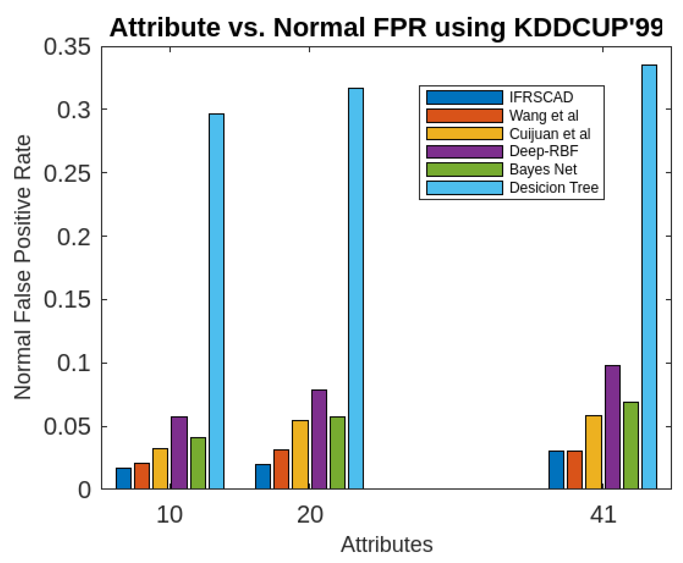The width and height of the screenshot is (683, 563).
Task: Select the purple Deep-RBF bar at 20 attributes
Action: pos(319,439)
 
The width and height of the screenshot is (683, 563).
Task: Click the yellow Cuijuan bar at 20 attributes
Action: pos(300,454)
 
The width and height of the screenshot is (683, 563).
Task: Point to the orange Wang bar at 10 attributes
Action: pos(142,476)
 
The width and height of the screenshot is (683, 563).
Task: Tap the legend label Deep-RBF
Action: pos(543,151)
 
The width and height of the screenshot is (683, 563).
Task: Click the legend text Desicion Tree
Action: pos(553,187)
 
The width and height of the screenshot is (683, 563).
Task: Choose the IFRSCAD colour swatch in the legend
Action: pos(464,97)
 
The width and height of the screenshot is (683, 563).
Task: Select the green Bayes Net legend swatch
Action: pos(464,169)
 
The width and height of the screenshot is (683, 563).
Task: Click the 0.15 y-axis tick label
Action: pos(67,299)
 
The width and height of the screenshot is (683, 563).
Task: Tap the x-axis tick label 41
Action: pos(602,515)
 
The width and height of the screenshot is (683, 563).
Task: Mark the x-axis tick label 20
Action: pos(310,515)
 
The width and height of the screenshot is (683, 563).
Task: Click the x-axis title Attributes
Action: pos(386,544)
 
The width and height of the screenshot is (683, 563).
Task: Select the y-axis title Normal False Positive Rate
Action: pos(23,267)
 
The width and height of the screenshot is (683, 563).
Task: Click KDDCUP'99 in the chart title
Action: pos(588,27)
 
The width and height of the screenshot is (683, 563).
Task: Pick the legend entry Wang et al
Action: pos(543,115)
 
